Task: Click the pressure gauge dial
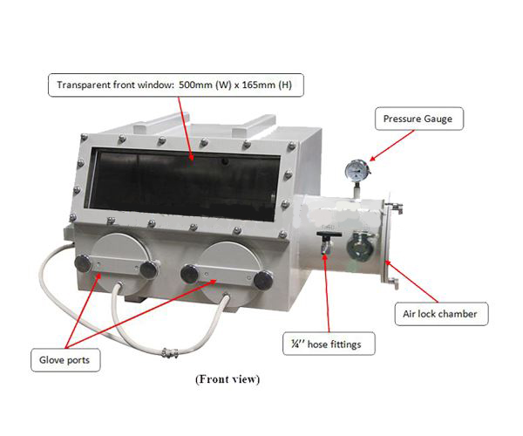(357, 170)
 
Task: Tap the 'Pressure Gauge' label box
(419, 119)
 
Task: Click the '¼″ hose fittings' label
(329, 344)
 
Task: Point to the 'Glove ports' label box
(65, 360)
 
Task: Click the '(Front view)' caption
(228, 379)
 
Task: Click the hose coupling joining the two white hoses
(169, 352)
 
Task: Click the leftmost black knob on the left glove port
(83, 262)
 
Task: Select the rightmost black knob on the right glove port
(263, 280)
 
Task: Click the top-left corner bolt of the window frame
(85, 137)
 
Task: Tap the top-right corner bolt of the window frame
(292, 146)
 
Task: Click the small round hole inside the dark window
(226, 161)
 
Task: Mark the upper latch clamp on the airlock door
(396, 208)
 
